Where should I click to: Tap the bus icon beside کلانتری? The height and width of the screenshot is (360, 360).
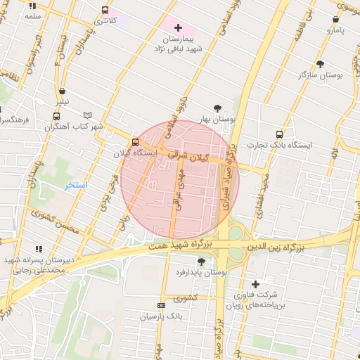coord(105,11)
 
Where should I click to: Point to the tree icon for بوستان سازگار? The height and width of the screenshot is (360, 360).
coord(320,64)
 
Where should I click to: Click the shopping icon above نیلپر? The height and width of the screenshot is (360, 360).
coord(63,91)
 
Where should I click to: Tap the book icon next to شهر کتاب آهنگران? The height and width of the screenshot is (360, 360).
coord(87,115)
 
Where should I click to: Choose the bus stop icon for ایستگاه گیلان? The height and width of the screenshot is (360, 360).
coord(136,142)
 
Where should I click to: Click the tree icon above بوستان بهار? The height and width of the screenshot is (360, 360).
coord(217,108)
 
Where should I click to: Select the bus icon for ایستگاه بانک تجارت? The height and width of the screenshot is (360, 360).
coord(280,134)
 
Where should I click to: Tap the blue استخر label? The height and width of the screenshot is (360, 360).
coord(75,186)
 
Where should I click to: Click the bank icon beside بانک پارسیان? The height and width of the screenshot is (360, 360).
coord(161,305)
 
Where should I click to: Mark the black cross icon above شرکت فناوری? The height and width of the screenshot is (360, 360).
coord(255,283)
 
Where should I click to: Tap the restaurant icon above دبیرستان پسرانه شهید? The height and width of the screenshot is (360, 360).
coord(38,248)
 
